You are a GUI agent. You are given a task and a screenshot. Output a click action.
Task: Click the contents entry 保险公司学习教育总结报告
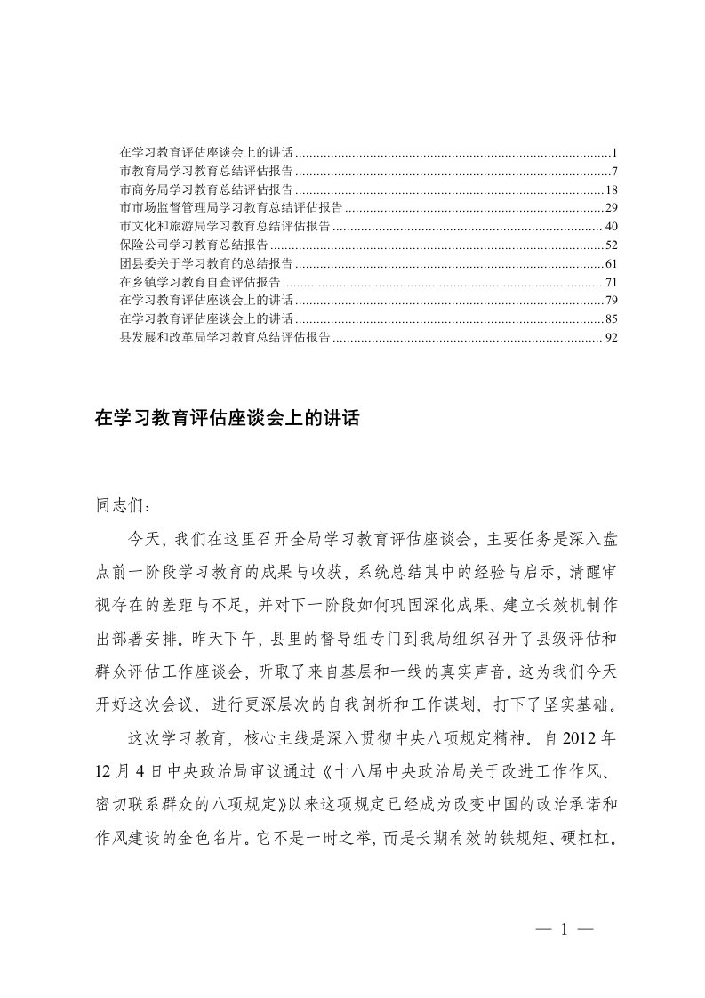pos(193,245)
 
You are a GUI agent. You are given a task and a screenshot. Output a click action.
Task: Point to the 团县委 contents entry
pos(205,263)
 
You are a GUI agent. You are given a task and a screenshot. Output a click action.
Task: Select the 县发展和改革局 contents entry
pos(224,338)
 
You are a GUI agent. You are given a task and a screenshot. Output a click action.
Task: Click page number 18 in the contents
pos(611,189)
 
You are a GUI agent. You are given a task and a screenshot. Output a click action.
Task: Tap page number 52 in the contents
pos(611,245)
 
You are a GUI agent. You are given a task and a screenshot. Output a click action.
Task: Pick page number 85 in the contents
pos(611,319)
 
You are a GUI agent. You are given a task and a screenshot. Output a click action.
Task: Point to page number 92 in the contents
pos(611,338)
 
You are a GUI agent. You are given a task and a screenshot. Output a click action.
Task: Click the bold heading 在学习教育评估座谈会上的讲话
pos(227,418)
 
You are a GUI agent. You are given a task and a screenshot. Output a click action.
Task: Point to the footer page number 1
pos(564,930)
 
